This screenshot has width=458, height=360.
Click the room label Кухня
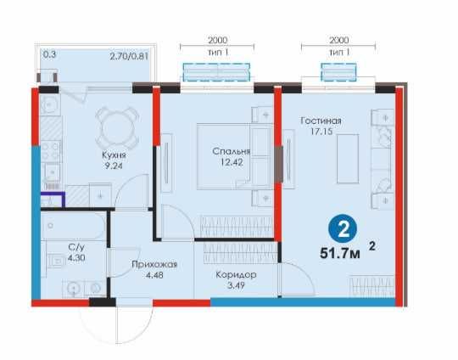click(x=114, y=155)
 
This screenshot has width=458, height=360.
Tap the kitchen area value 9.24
click(x=114, y=166)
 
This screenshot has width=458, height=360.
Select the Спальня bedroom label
click(x=232, y=151)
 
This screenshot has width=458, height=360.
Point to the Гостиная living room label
click(x=321, y=121)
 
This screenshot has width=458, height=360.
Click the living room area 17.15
click(x=321, y=132)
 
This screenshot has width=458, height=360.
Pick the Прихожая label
click(x=154, y=264)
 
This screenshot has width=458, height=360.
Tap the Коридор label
click(x=236, y=275)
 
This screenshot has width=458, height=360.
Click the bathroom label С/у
click(x=76, y=247)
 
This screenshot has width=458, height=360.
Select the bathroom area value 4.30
click(x=76, y=258)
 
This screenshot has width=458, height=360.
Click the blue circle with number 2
click(x=343, y=229)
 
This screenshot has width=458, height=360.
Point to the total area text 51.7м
click(x=340, y=253)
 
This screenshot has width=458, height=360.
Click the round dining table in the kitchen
click(x=116, y=127)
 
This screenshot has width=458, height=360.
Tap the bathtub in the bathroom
click(x=73, y=226)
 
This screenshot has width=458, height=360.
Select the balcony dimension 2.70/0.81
click(x=129, y=56)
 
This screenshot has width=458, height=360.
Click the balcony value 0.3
click(x=49, y=54)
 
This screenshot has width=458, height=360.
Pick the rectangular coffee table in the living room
click(x=348, y=159)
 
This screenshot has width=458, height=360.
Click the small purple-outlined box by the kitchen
click(x=53, y=200)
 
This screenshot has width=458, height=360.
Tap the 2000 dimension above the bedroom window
click(x=217, y=40)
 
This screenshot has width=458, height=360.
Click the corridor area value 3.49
click(x=236, y=286)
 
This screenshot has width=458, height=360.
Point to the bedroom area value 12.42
click(x=232, y=162)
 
